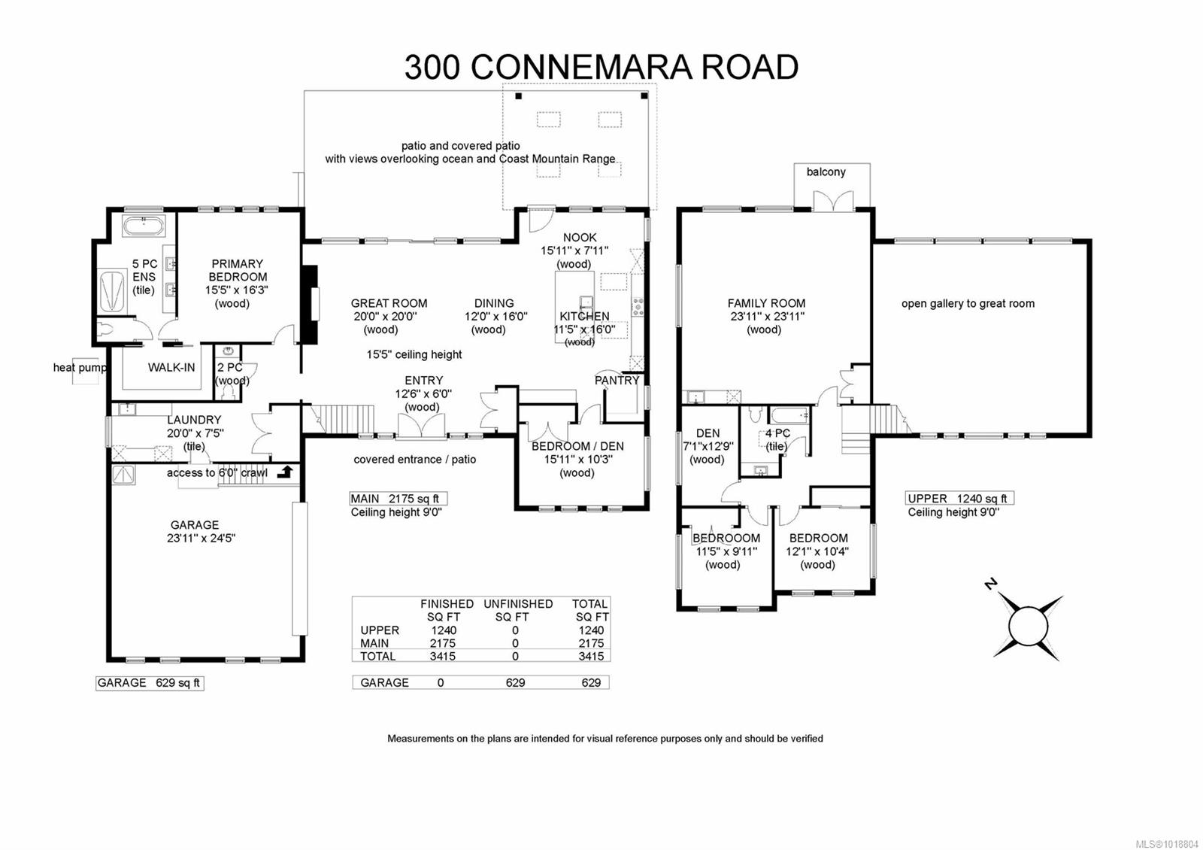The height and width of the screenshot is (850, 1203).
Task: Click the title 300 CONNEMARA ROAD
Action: [x=601, y=67]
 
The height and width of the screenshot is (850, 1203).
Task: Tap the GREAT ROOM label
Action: [x=389, y=303]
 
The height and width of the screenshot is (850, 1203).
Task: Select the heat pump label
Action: [x=80, y=367]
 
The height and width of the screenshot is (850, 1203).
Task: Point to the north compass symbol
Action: [x=1027, y=624]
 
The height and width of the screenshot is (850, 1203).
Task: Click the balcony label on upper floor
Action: [x=826, y=172]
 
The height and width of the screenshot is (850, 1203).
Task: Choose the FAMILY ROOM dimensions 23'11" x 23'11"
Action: [x=766, y=317]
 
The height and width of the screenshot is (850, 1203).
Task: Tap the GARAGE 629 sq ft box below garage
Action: [x=149, y=683]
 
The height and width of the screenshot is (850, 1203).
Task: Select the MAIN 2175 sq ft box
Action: [x=398, y=499]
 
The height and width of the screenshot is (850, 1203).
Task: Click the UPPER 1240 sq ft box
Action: [x=958, y=499]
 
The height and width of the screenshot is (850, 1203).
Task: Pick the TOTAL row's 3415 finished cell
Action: [x=443, y=656]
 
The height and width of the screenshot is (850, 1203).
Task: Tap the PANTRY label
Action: [x=617, y=380]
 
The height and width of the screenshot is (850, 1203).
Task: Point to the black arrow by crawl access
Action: [x=285, y=472]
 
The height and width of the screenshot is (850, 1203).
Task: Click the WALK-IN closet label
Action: [x=171, y=367]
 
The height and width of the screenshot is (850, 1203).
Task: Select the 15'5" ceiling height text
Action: [x=414, y=354]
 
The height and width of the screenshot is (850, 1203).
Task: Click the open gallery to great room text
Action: [x=968, y=303]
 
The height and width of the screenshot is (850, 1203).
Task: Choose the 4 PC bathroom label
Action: [x=777, y=433]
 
